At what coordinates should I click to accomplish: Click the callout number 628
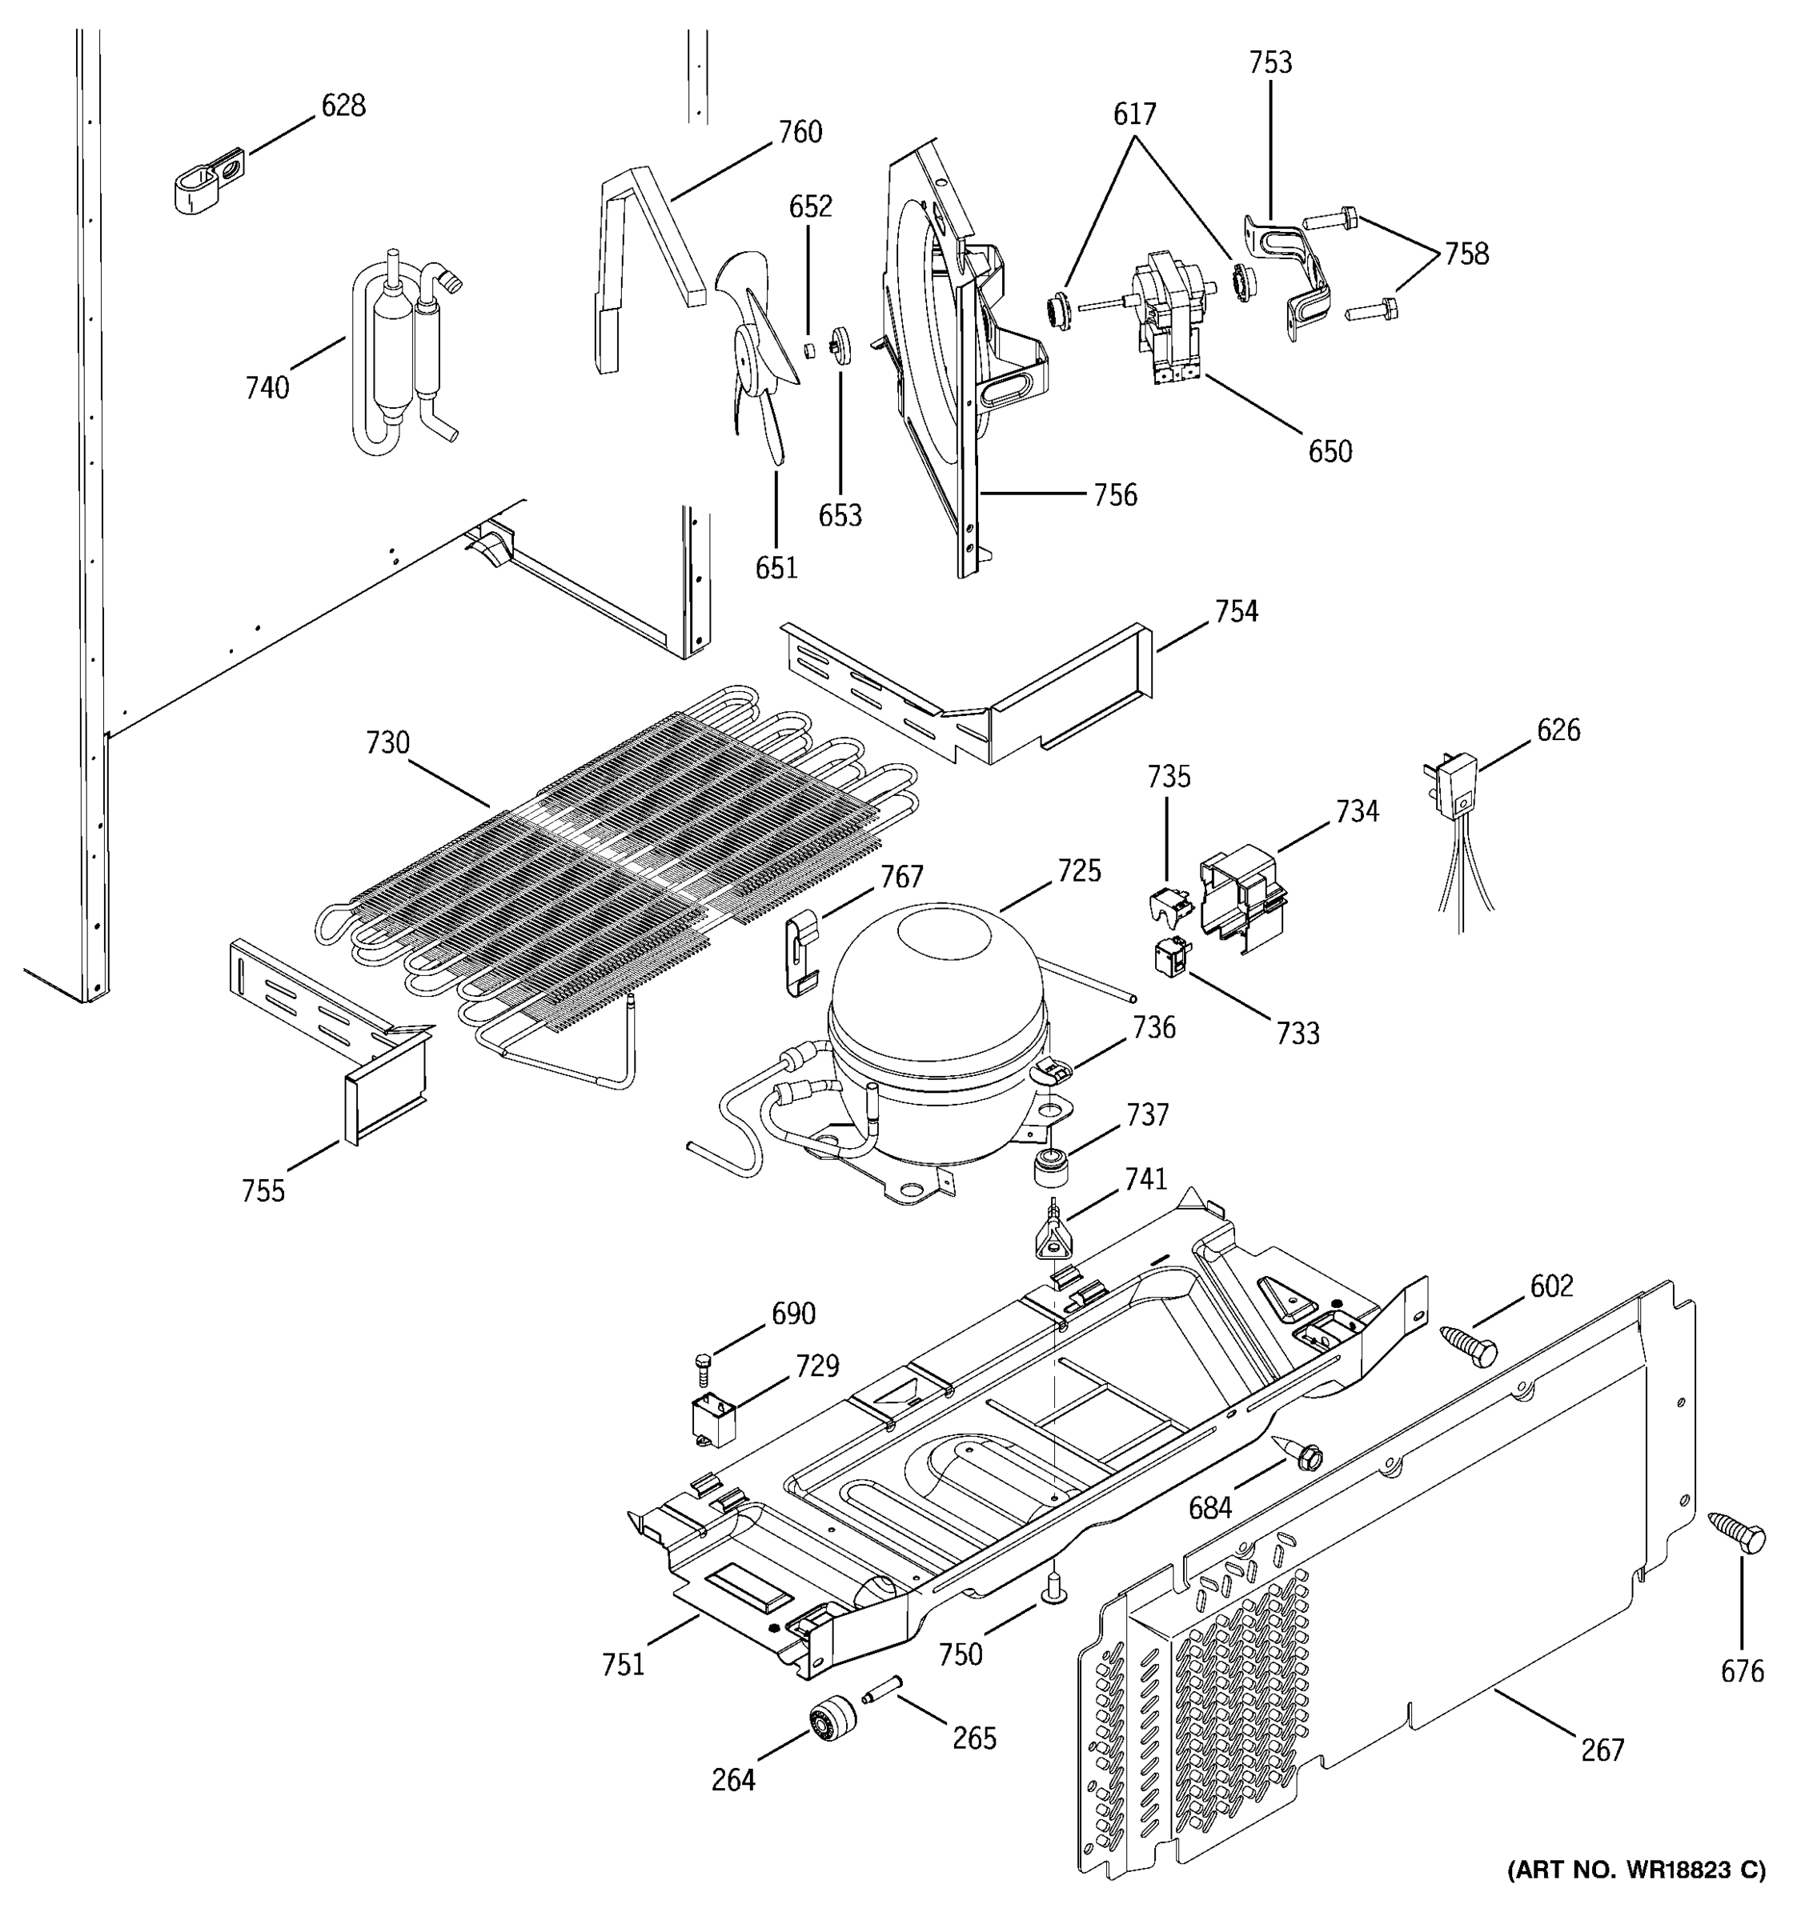tap(343, 106)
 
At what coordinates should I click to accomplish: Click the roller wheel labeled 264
tap(831, 1723)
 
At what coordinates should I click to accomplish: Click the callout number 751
tap(624, 1664)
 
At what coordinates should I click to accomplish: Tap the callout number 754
tap(1237, 611)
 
